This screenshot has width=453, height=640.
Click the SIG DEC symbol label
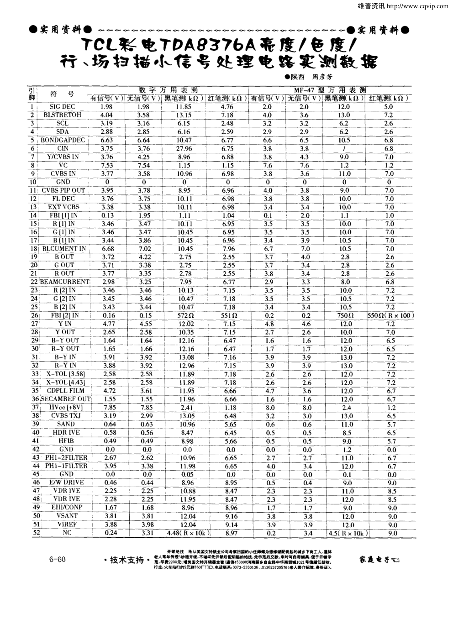click(x=62, y=107)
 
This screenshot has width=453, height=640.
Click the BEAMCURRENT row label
click(x=64, y=282)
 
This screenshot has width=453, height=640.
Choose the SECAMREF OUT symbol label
click(x=65, y=399)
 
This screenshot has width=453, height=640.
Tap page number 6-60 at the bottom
click(x=58, y=560)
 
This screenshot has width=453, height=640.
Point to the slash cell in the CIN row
click(x=344, y=148)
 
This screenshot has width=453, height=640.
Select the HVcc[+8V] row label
click(x=66, y=407)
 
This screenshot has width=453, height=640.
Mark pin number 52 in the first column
click(x=37, y=533)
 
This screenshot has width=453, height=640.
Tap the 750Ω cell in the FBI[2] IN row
click(x=345, y=315)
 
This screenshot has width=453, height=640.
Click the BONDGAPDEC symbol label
click(x=63, y=140)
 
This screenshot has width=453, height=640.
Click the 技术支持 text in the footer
click(x=126, y=560)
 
